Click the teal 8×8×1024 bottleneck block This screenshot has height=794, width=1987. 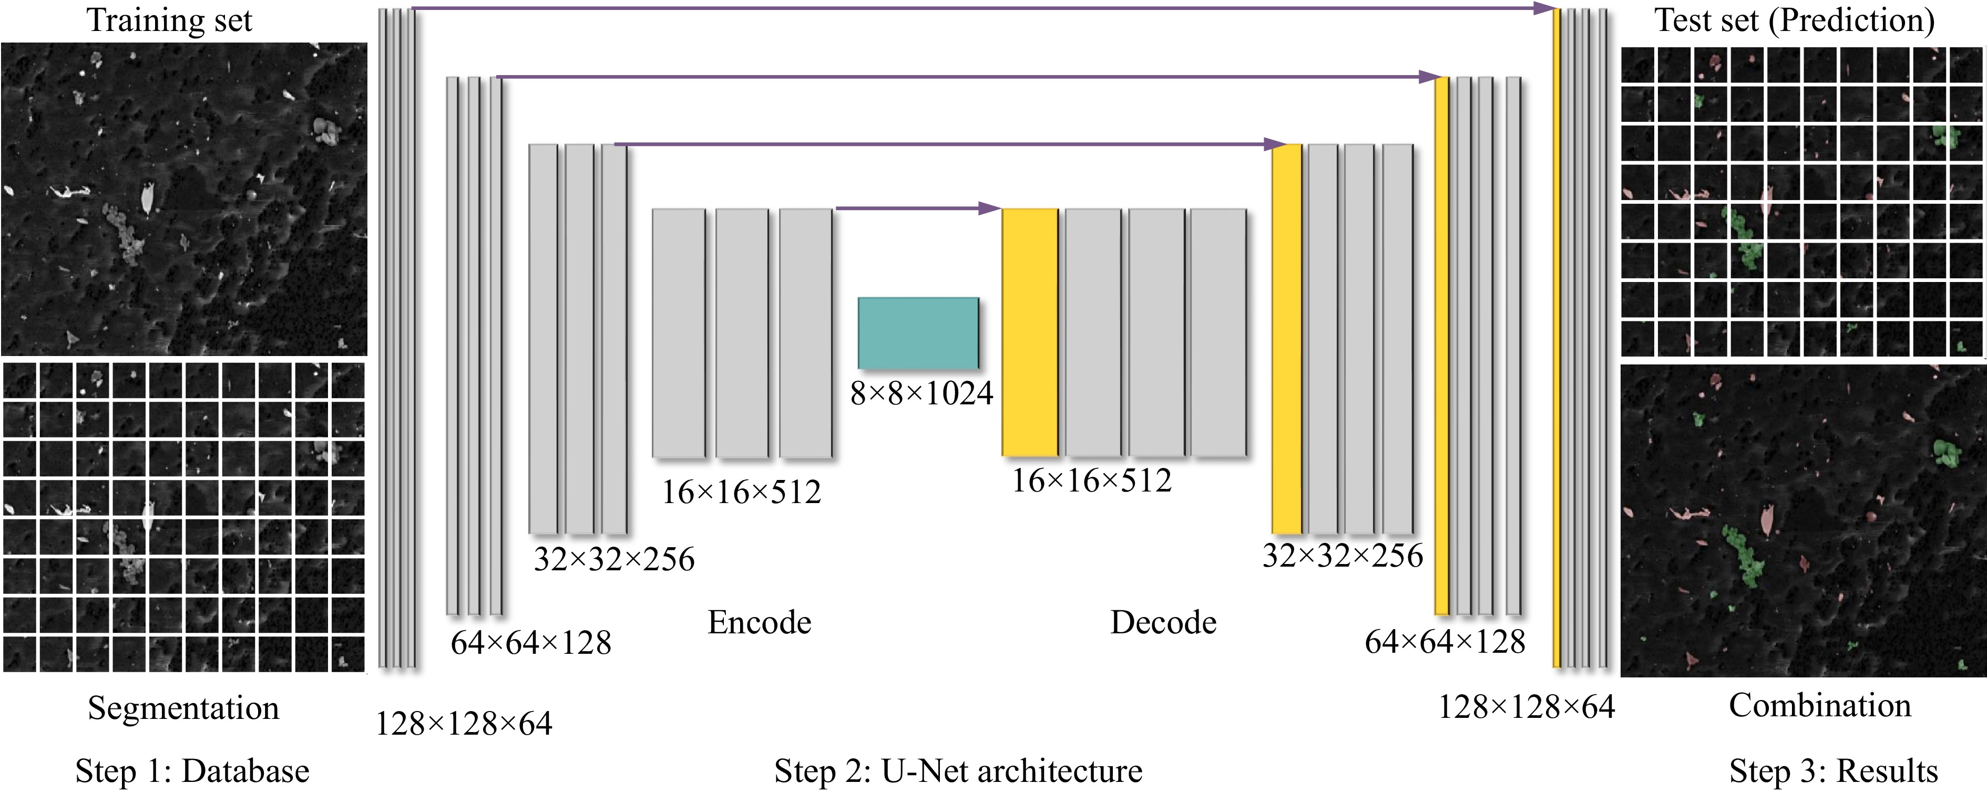click(x=918, y=333)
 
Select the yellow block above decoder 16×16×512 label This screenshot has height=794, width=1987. click(x=1030, y=332)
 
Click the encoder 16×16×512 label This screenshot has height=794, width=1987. click(x=741, y=492)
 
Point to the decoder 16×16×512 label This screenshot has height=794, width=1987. click(x=1091, y=481)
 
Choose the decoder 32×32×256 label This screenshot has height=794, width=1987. click(x=1342, y=556)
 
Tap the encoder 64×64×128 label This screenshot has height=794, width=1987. click(x=531, y=643)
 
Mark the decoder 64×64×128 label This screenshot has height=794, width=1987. click(x=1445, y=641)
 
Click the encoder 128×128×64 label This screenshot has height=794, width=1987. click(x=464, y=724)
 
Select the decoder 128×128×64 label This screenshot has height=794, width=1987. click(x=1527, y=707)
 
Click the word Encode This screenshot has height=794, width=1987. click(x=760, y=623)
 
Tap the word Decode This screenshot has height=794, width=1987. click(x=1163, y=623)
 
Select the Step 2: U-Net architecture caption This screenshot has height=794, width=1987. click(x=958, y=771)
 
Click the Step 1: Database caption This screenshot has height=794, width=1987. click(x=192, y=771)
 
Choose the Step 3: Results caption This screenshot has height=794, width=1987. click(x=1834, y=771)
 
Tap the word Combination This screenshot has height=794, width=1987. click(x=1820, y=705)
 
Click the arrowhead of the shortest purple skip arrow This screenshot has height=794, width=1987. click(x=990, y=208)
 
